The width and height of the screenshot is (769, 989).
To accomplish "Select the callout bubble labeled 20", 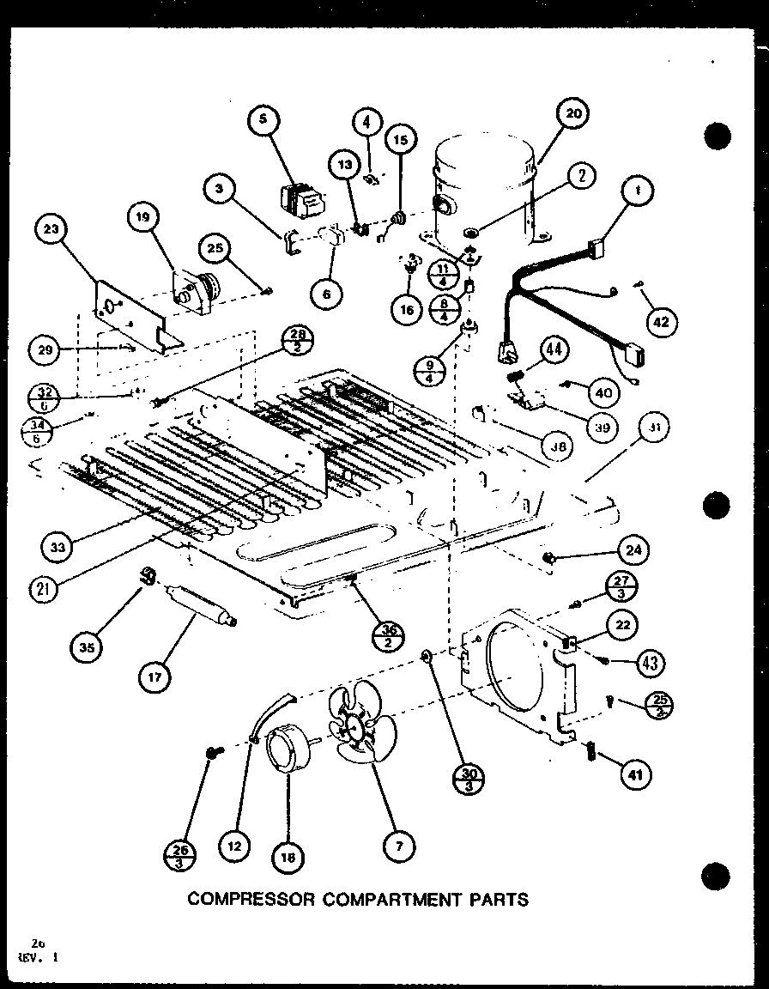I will [x=573, y=113].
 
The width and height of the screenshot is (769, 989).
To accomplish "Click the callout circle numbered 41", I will [x=636, y=775].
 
